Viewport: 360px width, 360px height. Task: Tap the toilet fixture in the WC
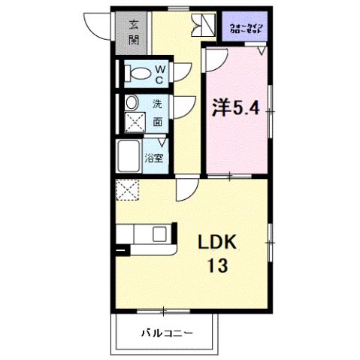[x=139, y=74]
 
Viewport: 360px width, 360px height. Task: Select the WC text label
[x=160, y=73]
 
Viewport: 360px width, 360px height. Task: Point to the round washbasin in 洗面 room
[x=132, y=103]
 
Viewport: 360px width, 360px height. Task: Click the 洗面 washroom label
[x=158, y=112]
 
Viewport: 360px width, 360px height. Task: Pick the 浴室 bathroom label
[x=160, y=159]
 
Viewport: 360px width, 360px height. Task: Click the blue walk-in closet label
[x=246, y=29]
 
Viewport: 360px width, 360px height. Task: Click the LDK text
[x=217, y=241]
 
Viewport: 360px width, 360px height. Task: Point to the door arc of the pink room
[x=215, y=62]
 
